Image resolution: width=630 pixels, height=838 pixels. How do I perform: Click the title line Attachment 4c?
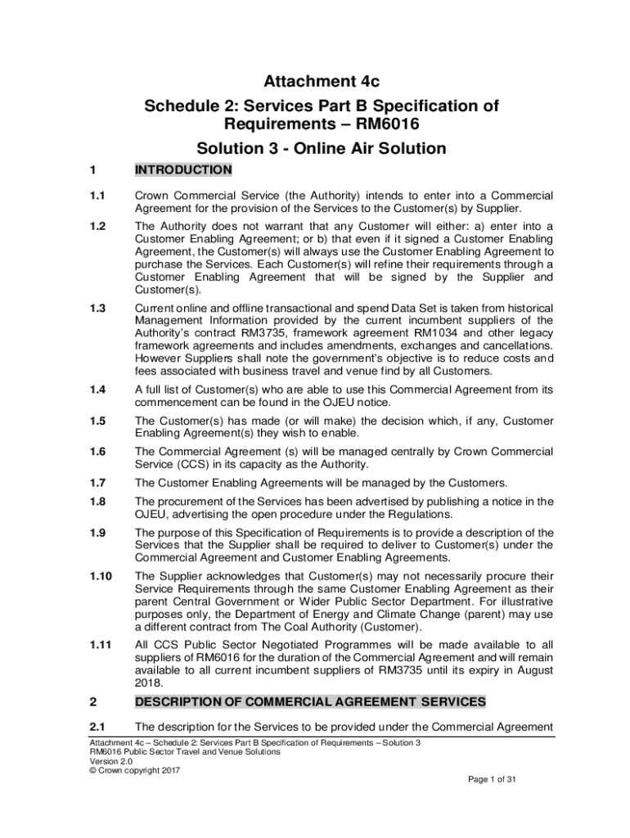pos(321,81)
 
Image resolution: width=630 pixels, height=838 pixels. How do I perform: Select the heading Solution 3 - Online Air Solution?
pos(321,148)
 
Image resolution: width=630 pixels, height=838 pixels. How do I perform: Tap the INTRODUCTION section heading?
pos(183,170)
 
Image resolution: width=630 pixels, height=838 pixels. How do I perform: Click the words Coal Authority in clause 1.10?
pos(320,627)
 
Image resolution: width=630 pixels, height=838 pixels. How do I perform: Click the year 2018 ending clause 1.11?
pos(148,683)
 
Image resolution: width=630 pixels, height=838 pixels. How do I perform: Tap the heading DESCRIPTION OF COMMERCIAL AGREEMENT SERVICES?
pos(310,702)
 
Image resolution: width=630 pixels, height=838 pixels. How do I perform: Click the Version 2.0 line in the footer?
pos(111,761)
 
